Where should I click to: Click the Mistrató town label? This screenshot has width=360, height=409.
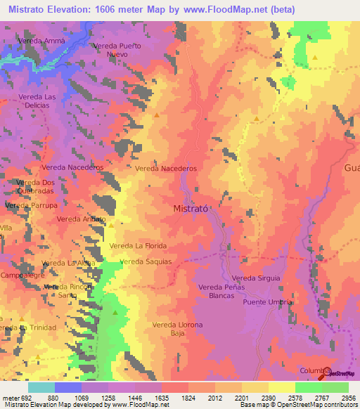(195, 209)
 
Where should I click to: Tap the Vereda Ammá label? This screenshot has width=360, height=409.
(44, 41)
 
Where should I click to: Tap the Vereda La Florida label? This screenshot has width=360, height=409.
(138, 246)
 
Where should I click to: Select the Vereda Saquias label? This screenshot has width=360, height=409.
(146, 261)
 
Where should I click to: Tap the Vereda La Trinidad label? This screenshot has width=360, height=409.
(24, 328)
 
